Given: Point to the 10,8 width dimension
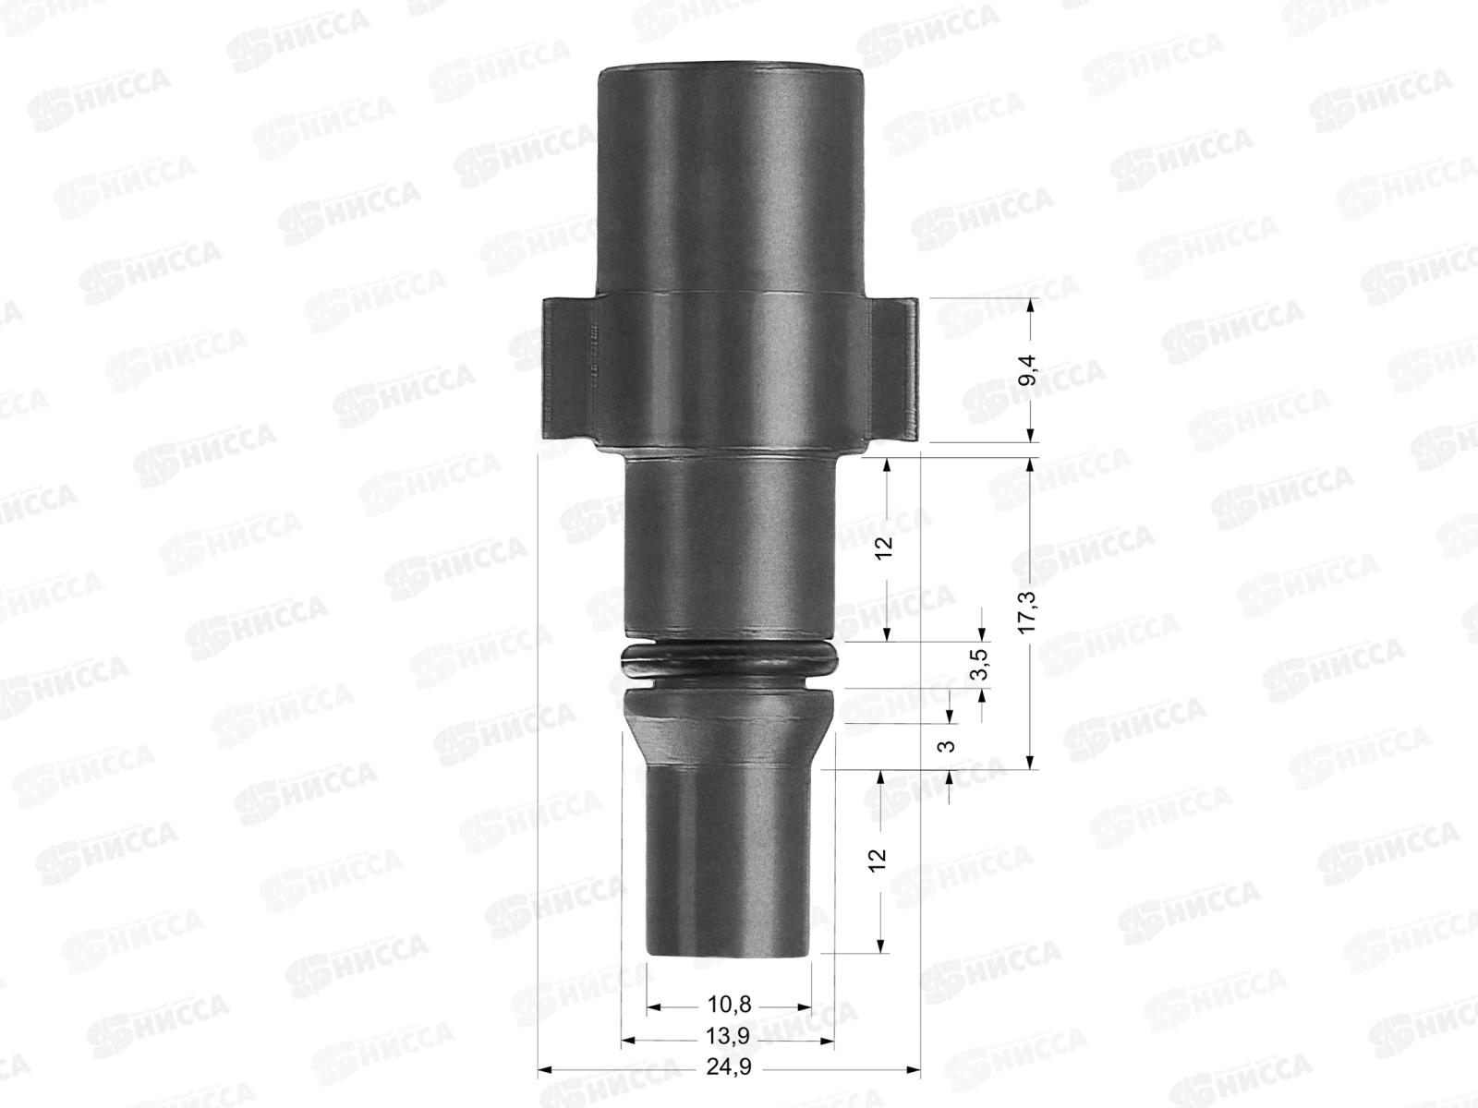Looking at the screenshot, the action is (729, 1006).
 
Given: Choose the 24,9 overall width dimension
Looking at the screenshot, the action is (729, 1067).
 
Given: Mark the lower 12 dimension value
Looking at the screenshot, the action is (878, 859).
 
